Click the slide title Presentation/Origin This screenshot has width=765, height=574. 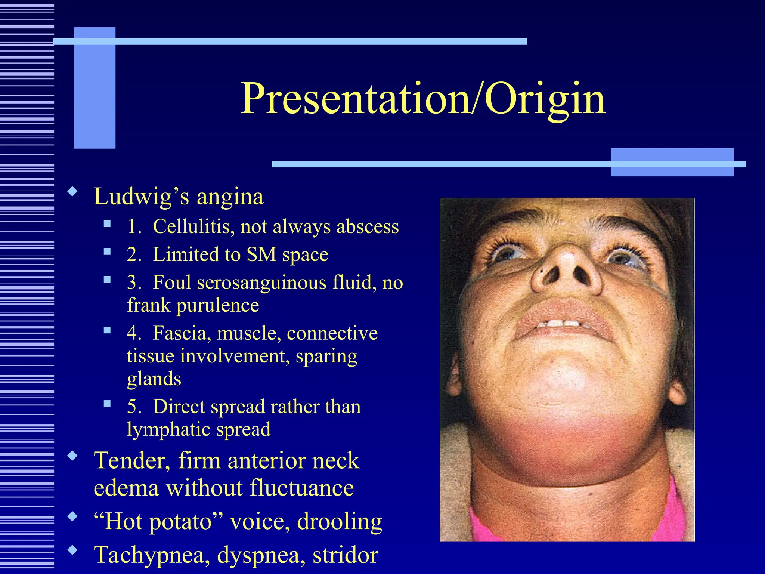point(422,99)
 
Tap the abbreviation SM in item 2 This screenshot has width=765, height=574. point(261,255)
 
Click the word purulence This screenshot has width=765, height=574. point(217,305)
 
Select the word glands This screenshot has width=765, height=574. point(154,379)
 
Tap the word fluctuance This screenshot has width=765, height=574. point(302,488)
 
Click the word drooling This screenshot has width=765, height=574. point(340,522)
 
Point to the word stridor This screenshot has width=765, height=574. point(346,555)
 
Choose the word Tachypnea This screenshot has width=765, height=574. point(150,555)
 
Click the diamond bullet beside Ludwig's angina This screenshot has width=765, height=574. point(72,192)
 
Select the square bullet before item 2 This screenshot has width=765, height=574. point(108,251)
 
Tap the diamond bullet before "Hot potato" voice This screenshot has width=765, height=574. point(72,517)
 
